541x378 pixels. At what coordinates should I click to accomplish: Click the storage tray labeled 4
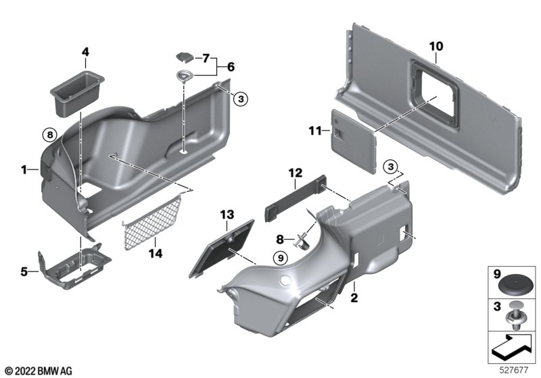click(77, 92)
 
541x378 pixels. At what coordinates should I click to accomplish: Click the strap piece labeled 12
click(296, 198)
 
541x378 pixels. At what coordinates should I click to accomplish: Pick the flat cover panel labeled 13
click(221, 248)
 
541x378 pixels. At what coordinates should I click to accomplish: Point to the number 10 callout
click(436, 46)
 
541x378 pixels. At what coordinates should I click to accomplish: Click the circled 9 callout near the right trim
click(280, 257)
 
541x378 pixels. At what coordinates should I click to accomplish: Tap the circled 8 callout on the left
click(50, 134)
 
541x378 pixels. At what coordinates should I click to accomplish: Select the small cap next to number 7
click(185, 57)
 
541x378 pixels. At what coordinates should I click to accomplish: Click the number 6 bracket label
click(231, 66)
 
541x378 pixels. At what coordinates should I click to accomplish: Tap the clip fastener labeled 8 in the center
click(301, 240)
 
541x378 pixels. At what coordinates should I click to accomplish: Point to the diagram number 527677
click(514, 370)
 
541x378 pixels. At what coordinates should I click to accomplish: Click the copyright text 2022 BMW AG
click(39, 371)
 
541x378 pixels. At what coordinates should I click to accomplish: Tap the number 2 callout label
click(354, 298)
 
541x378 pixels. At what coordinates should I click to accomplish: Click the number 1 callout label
click(24, 169)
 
